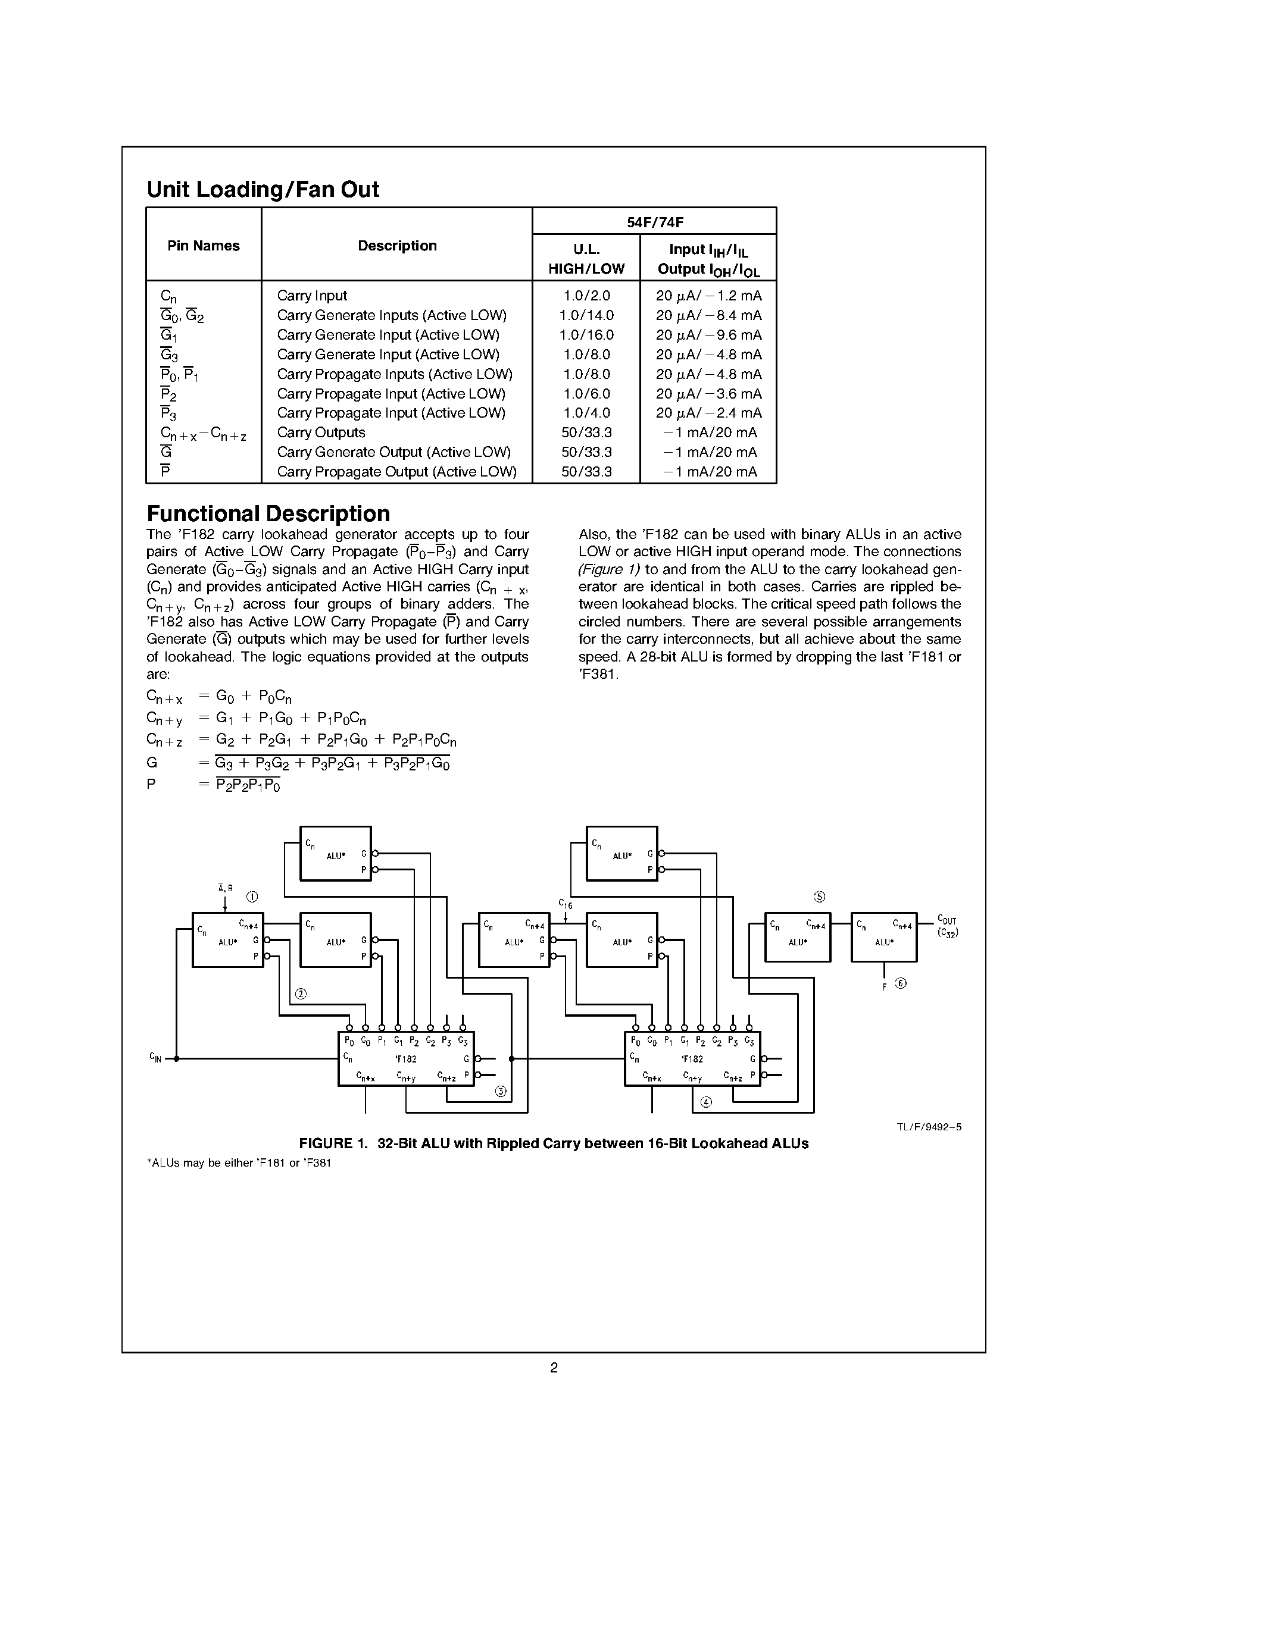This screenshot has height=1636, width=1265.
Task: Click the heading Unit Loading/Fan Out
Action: point(263,190)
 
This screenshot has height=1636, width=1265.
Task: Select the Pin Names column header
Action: point(203,246)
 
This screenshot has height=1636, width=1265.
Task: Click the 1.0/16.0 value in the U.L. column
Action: point(586,335)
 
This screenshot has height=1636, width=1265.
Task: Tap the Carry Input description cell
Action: point(312,296)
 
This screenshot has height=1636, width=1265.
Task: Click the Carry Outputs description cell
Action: point(321,432)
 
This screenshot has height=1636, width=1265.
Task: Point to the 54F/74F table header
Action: point(654,222)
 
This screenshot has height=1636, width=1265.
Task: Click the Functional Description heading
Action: point(268,514)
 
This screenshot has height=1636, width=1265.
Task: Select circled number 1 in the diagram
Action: point(252,897)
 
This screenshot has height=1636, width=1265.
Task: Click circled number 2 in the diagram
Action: point(301,994)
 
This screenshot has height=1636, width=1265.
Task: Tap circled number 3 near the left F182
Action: point(501,1092)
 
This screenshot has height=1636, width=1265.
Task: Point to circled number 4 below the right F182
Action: point(705,1102)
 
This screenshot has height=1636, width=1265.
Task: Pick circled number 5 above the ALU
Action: point(819,897)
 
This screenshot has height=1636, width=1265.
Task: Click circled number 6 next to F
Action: point(901,983)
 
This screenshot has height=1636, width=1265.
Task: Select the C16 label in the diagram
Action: point(565,904)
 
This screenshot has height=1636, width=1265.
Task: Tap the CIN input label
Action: point(156,1058)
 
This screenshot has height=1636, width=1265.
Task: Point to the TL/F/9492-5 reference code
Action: point(929,1127)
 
